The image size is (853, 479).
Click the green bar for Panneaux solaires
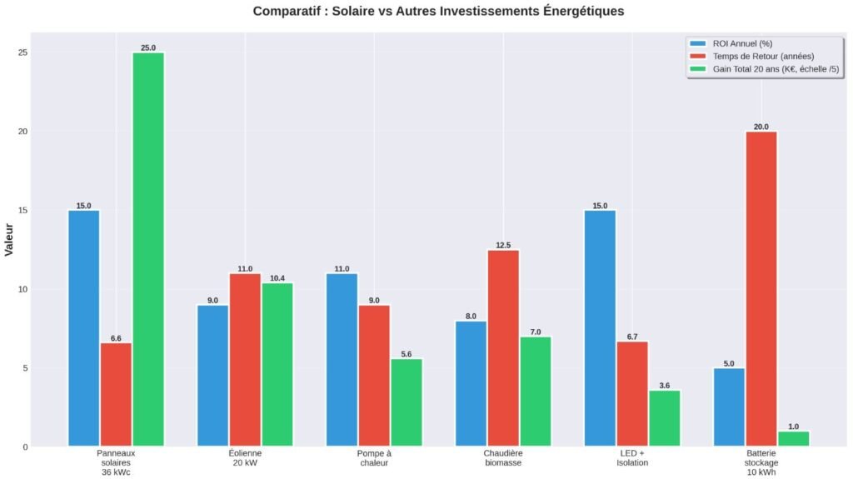pos(148,250)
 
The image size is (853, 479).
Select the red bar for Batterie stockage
pos(761,289)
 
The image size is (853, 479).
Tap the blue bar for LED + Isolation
pos(600,328)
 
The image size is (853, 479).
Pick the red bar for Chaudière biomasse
pos(503,348)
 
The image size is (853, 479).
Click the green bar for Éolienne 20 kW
pos(277,365)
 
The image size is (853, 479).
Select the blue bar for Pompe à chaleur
pos(342,360)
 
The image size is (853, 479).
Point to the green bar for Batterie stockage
pos(793,438)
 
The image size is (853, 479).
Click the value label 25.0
pos(148,47)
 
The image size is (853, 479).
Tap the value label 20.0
pos(761,127)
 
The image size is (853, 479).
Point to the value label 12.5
pos(503,245)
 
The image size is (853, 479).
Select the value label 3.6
pos(664,386)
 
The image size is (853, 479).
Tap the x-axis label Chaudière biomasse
pos(503,457)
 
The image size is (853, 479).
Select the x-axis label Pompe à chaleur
pos(374,457)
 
